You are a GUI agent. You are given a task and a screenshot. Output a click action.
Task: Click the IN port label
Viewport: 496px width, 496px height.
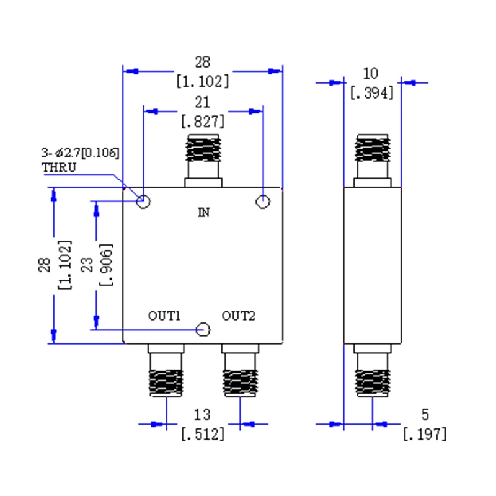(204, 212)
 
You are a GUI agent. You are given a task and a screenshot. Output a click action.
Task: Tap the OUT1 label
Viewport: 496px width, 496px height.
(164, 316)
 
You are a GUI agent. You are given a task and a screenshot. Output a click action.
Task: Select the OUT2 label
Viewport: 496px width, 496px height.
(238, 316)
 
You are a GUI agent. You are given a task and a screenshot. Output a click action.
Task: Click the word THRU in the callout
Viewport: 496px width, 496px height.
(59, 167)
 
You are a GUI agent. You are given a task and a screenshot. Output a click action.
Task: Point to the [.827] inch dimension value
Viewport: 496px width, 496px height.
(203, 122)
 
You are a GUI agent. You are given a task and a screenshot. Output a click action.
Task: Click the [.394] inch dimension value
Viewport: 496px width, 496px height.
(372, 93)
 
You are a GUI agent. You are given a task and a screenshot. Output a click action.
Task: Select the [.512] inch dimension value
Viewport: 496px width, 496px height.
(203, 433)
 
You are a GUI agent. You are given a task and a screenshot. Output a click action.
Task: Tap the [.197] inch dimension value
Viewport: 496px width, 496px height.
(425, 433)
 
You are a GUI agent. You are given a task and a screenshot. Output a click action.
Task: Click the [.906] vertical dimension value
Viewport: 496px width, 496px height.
(106, 265)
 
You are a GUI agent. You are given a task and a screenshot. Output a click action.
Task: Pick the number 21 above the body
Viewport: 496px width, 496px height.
(203, 102)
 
